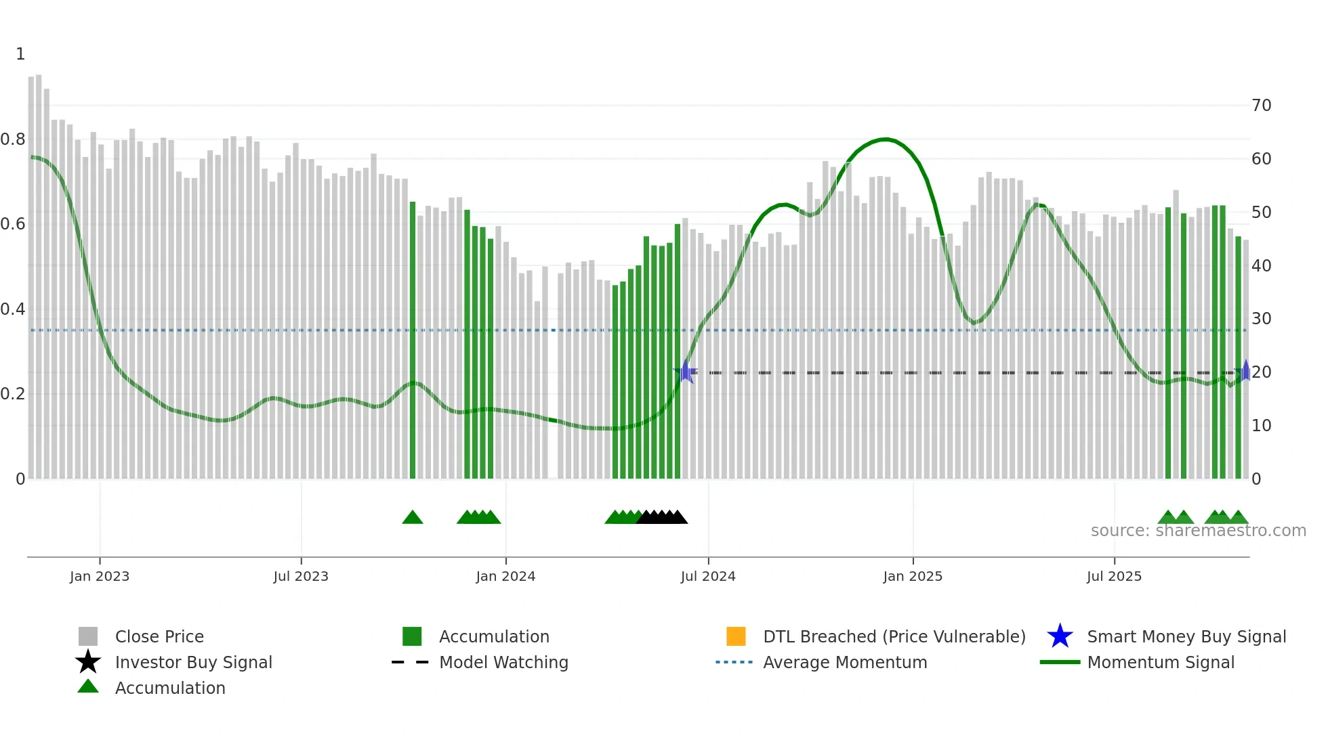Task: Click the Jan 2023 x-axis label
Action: (x=99, y=576)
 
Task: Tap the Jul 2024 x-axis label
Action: (x=707, y=576)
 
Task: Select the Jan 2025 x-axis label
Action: (x=912, y=576)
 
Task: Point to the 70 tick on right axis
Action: (x=1261, y=106)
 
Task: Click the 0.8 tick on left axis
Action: (x=13, y=139)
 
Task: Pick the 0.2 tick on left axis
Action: (x=13, y=394)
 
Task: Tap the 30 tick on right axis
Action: (x=1261, y=319)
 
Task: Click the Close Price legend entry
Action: (x=159, y=636)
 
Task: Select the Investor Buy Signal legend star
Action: (x=88, y=662)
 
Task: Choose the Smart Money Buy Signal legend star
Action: (x=1060, y=636)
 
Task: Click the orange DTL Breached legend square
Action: (x=736, y=636)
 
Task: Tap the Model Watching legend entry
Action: (x=503, y=662)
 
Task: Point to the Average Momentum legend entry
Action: (x=844, y=662)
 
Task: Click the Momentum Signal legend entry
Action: (x=1160, y=662)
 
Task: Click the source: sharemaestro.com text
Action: (x=1198, y=531)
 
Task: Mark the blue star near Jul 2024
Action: (x=686, y=372)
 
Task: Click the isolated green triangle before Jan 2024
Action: (x=412, y=518)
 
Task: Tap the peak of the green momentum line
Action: (x=884, y=139)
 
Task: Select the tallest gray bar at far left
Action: (x=39, y=271)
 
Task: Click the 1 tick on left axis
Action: (x=20, y=54)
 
